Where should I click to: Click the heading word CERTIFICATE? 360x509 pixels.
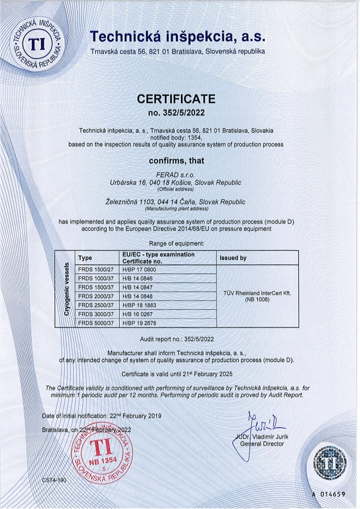(176, 99)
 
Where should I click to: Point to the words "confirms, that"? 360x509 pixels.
(176, 161)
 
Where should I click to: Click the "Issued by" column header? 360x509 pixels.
(233, 258)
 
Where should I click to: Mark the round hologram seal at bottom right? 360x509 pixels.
(329, 464)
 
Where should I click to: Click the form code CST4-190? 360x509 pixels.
(54, 480)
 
